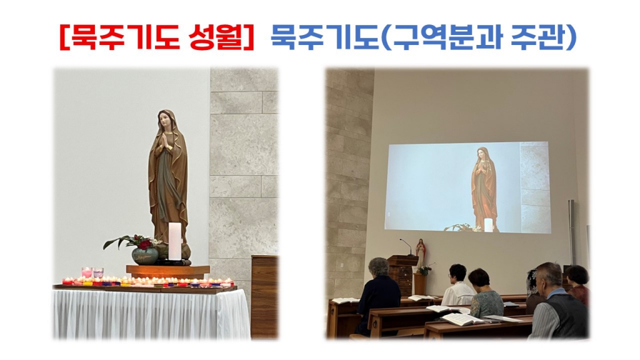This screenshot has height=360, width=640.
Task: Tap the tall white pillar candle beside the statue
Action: tap(175, 241)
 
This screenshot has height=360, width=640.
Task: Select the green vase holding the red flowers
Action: tap(144, 255)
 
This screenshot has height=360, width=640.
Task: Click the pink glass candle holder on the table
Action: tap(86, 273)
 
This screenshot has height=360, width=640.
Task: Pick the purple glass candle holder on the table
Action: tap(98, 273)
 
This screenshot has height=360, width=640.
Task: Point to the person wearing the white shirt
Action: tap(458, 287)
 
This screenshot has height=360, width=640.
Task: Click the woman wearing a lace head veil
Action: tap(533, 291)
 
